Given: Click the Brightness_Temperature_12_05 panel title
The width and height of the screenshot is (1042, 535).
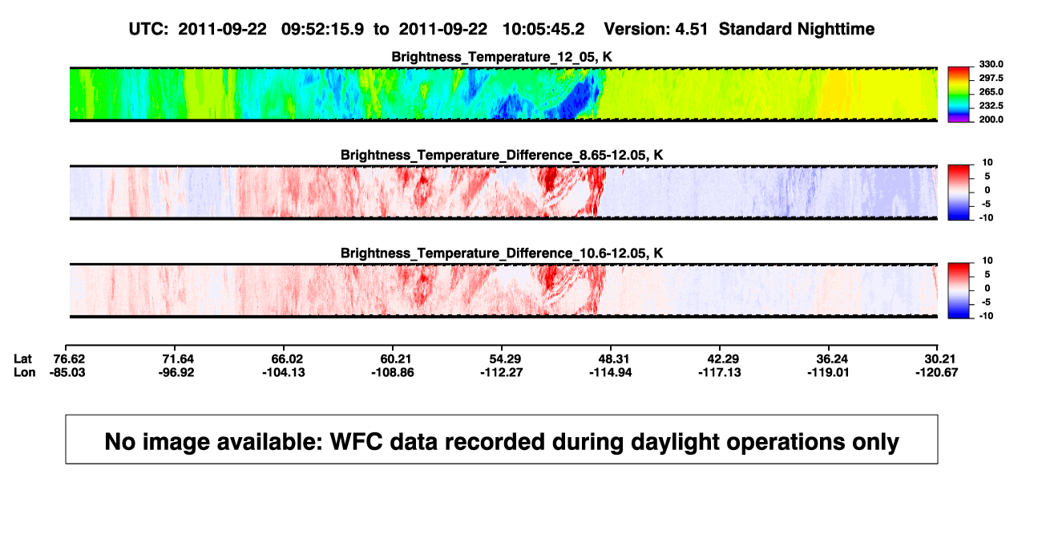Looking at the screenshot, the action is pos(502,57).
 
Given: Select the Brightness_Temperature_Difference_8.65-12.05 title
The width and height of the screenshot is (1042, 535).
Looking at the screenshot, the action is pos(502,155).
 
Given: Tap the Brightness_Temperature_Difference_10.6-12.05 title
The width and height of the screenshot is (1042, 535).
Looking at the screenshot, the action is pos(502,253).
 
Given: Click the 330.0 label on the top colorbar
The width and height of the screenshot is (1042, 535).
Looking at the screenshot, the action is pos(991,64).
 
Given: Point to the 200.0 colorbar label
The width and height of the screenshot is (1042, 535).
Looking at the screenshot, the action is pos(991,120).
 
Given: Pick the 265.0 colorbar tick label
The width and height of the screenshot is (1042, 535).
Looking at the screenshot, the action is pos(991,91).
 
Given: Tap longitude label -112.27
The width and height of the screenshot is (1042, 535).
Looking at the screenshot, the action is pos(502,372).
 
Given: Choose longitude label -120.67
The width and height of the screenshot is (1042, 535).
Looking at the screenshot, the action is pos(937,372).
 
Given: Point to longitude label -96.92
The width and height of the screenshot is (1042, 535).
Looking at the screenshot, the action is pos(176,372).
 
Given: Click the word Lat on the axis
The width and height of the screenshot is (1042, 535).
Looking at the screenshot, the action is pos(22,359).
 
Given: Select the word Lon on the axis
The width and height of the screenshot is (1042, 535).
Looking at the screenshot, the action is pos(25,372).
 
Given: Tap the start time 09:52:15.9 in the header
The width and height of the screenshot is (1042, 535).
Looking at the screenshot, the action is pos(322,29).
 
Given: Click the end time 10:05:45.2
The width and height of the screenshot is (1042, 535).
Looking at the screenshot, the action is pos(543,29).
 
